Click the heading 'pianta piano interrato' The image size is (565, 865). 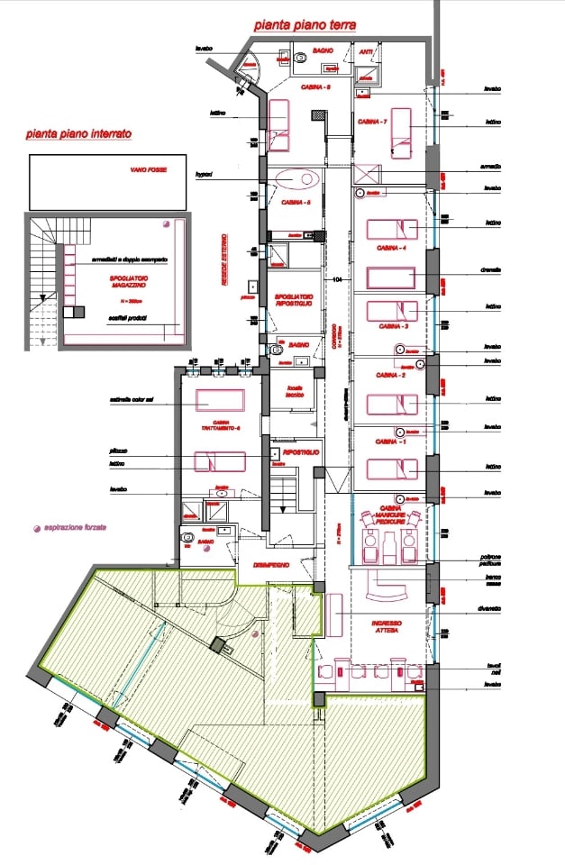click(x=79, y=133)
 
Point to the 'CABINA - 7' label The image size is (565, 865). click(x=372, y=122)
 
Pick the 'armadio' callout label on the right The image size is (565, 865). click(x=492, y=168)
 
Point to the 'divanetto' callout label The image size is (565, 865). click(x=492, y=610)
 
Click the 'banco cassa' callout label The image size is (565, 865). click(x=492, y=580)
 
